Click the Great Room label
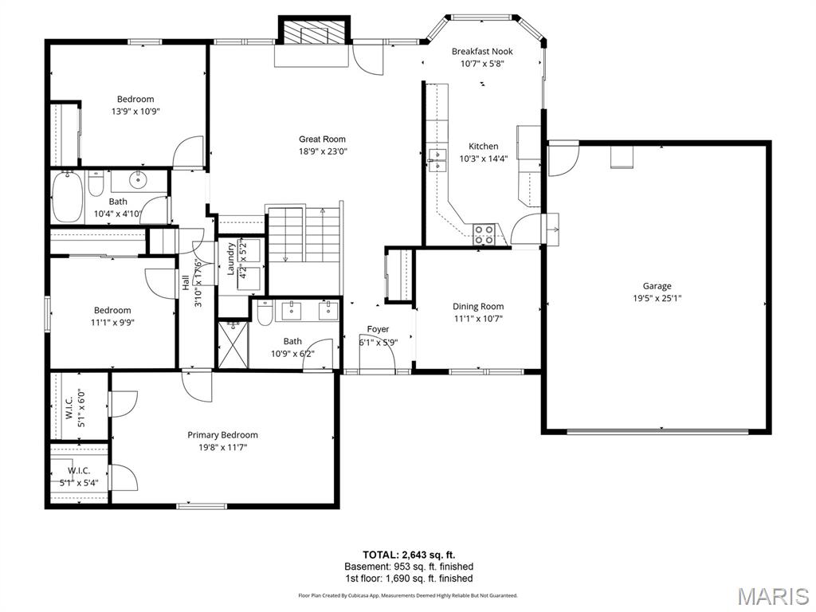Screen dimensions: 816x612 point(322,139)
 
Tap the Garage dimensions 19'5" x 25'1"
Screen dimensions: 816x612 point(657,298)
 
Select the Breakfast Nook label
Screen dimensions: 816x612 point(482,51)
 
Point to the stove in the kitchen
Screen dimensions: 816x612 point(484,234)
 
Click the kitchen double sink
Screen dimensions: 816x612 point(437,159)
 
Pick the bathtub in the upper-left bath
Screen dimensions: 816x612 point(68,198)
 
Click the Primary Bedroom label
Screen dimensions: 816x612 point(223,435)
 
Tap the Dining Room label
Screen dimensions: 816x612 point(478,307)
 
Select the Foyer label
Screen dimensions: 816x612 point(378,329)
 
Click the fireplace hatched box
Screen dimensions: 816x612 point(315,33)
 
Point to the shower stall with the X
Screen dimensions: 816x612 point(233,344)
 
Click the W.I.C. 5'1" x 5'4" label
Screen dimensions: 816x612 point(79,477)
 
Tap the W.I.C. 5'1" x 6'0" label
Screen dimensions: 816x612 point(75,409)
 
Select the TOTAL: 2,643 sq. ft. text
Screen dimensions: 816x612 point(409,555)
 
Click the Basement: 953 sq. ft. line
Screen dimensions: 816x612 point(409,567)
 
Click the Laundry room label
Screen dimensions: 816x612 point(231,259)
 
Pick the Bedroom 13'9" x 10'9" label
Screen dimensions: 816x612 point(135,105)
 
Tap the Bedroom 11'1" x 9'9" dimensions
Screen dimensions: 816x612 point(113,323)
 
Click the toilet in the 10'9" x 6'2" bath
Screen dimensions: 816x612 point(265,312)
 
